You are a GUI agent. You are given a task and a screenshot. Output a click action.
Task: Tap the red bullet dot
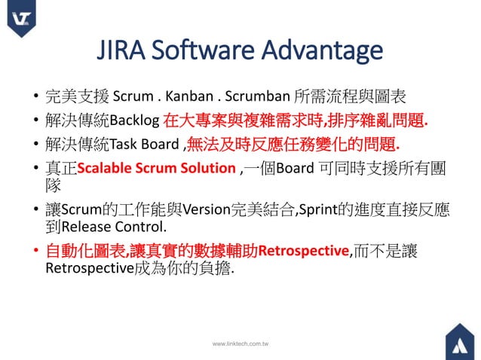coord(35,252)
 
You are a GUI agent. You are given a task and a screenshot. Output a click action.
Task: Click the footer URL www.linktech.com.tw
coord(240,343)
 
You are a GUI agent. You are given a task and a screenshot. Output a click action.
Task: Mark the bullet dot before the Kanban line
coord(35,97)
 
